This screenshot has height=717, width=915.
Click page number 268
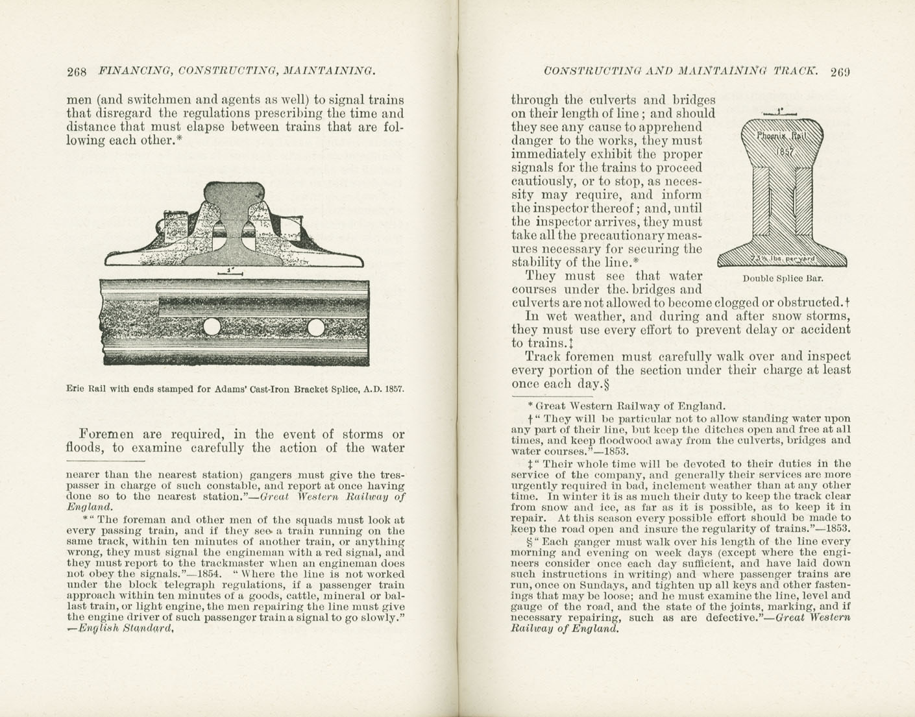77,71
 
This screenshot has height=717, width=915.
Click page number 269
840,71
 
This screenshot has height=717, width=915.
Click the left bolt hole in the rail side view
211,327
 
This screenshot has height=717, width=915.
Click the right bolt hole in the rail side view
316,327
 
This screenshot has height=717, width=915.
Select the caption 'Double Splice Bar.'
783,278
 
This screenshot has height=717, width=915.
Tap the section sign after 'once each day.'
607,383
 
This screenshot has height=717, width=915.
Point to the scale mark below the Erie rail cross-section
230,272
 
